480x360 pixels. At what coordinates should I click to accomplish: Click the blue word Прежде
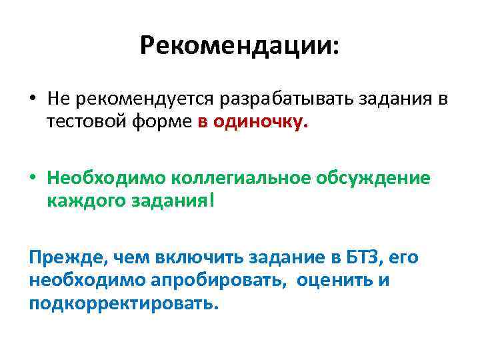pos(61,257)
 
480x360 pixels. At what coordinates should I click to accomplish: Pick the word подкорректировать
pos(123,303)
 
